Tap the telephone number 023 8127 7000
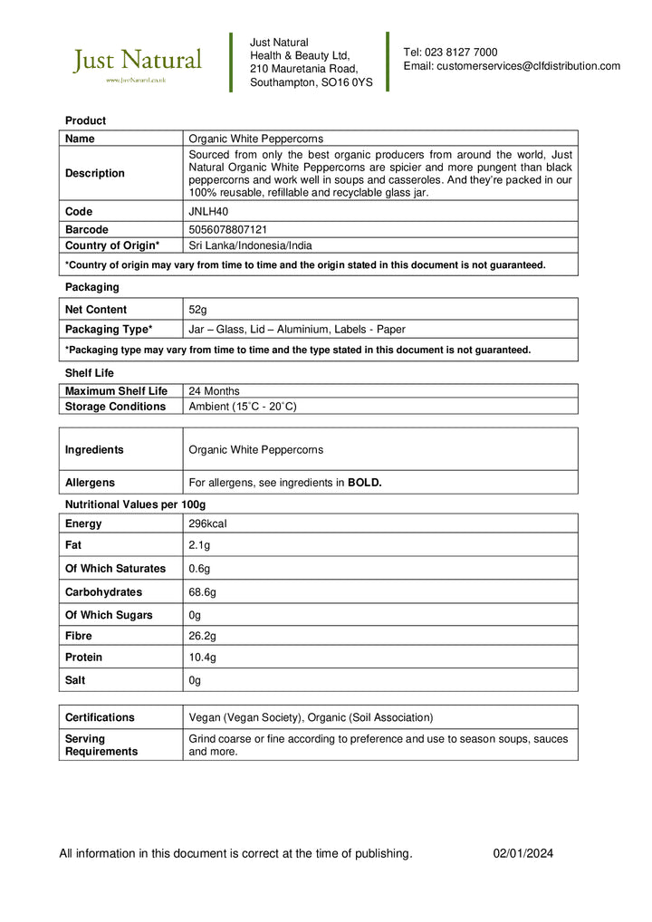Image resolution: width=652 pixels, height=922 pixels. pyautogui.click(x=462, y=53)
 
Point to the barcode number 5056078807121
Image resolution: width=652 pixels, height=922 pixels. pyautogui.click(x=227, y=230)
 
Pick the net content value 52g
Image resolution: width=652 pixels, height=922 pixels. pyautogui.click(x=197, y=310)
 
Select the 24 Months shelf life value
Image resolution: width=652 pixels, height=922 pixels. pyautogui.click(x=214, y=391)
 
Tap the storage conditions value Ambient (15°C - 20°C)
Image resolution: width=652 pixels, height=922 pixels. pyautogui.click(x=242, y=407)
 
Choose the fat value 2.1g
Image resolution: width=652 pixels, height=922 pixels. pyautogui.click(x=199, y=545)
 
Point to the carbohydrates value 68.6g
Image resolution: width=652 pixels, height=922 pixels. pyautogui.click(x=202, y=592)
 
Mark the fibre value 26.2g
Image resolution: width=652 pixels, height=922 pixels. pyautogui.click(x=202, y=637)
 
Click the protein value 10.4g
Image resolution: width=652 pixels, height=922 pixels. pyautogui.click(x=202, y=658)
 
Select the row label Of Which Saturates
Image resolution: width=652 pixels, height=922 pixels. pyautogui.click(x=115, y=569)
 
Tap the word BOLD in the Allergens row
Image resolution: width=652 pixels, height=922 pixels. pyautogui.click(x=364, y=483)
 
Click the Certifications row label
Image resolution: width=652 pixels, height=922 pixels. pyautogui.click(x=100, y=717)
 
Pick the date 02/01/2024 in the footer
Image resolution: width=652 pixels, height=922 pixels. pyautogui.click(x=523, y=853)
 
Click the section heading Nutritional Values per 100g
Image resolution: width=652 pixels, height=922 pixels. pyautogui.click(x=135, y=504)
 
